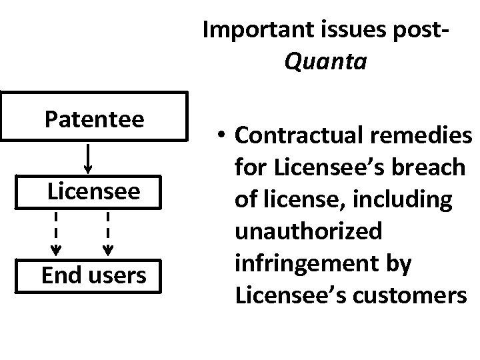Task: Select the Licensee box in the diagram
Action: point(93,192)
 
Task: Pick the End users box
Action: point(93,275)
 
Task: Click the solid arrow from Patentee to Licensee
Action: point(89,158)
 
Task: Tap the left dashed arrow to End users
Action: point(56,233)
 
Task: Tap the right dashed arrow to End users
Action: point(107,233)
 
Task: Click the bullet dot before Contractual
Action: point(223,136)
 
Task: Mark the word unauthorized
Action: point(309,231)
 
